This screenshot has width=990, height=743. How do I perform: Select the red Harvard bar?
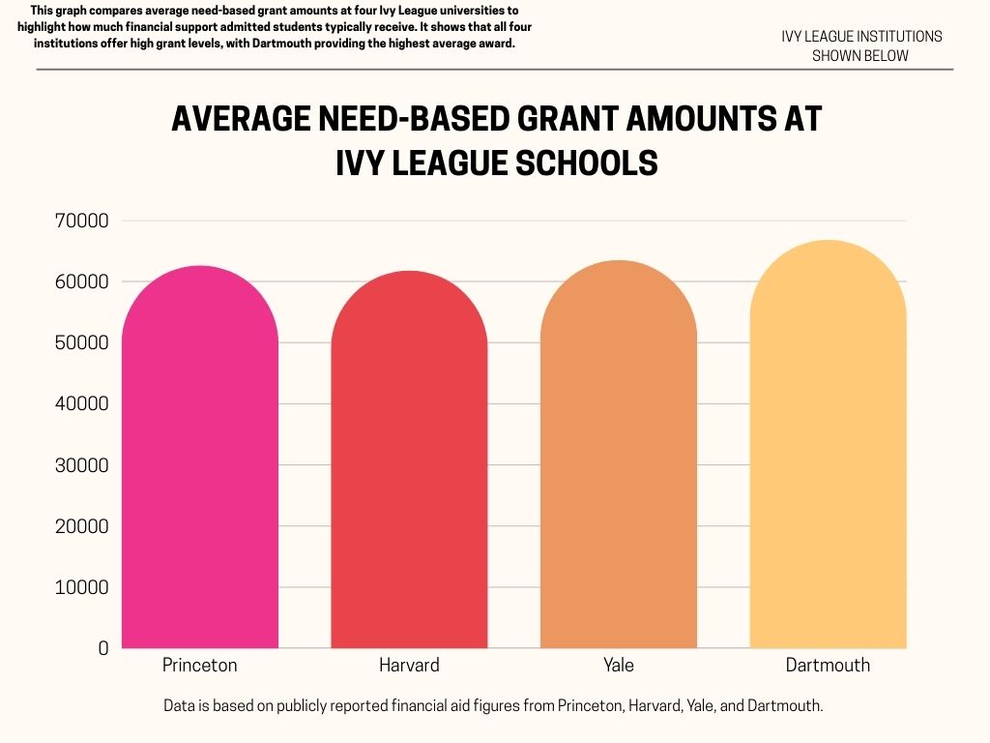[409, 460]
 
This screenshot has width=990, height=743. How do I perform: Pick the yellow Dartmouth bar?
[828, 445]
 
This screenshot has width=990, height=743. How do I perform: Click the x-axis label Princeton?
[200, 666]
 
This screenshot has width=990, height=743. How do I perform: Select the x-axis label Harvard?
[409, 666]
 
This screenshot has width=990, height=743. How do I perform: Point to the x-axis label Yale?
[618, 666]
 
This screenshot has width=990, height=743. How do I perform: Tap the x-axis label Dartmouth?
[828, 666]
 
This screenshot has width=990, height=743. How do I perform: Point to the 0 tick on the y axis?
[102, 649]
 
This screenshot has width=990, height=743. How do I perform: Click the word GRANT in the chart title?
[550, 119]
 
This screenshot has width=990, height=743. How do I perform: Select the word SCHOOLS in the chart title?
[586, 163]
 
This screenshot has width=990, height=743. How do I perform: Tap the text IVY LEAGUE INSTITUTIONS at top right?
[861, 37]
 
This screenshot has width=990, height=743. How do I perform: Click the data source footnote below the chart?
[493, 706]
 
